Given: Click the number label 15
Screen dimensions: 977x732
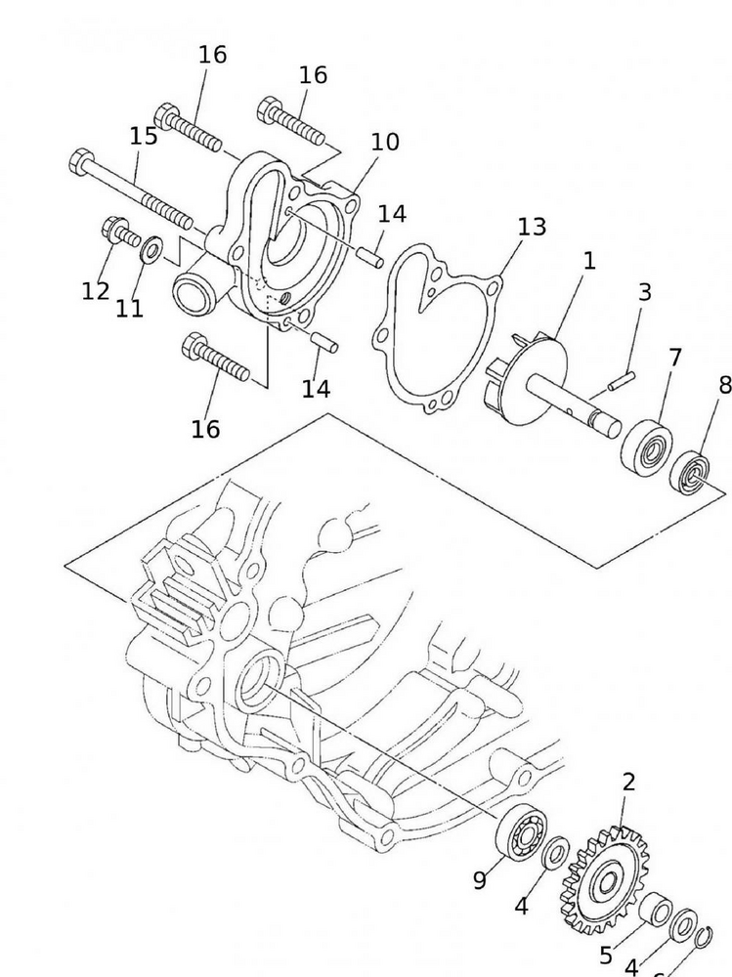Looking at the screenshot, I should pyautogui.click(x=143, y=136).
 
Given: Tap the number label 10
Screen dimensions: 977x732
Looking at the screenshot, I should pyautogui.click(x=385, y=142).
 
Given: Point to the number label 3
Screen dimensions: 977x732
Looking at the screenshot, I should pyautogui.click(x=644, y=292).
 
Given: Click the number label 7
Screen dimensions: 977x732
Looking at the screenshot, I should pyautogui.click(x=675, y=359).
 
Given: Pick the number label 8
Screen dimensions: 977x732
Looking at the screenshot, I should pyautogui.click(x=724, y=385).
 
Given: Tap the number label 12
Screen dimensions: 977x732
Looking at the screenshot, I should pyautogui.click(x=96, y=290).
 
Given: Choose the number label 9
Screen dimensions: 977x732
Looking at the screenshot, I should pyautogui.click(x=480, y=880).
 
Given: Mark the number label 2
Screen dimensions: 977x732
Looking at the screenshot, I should pyautogui.click(x=628, y=782).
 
